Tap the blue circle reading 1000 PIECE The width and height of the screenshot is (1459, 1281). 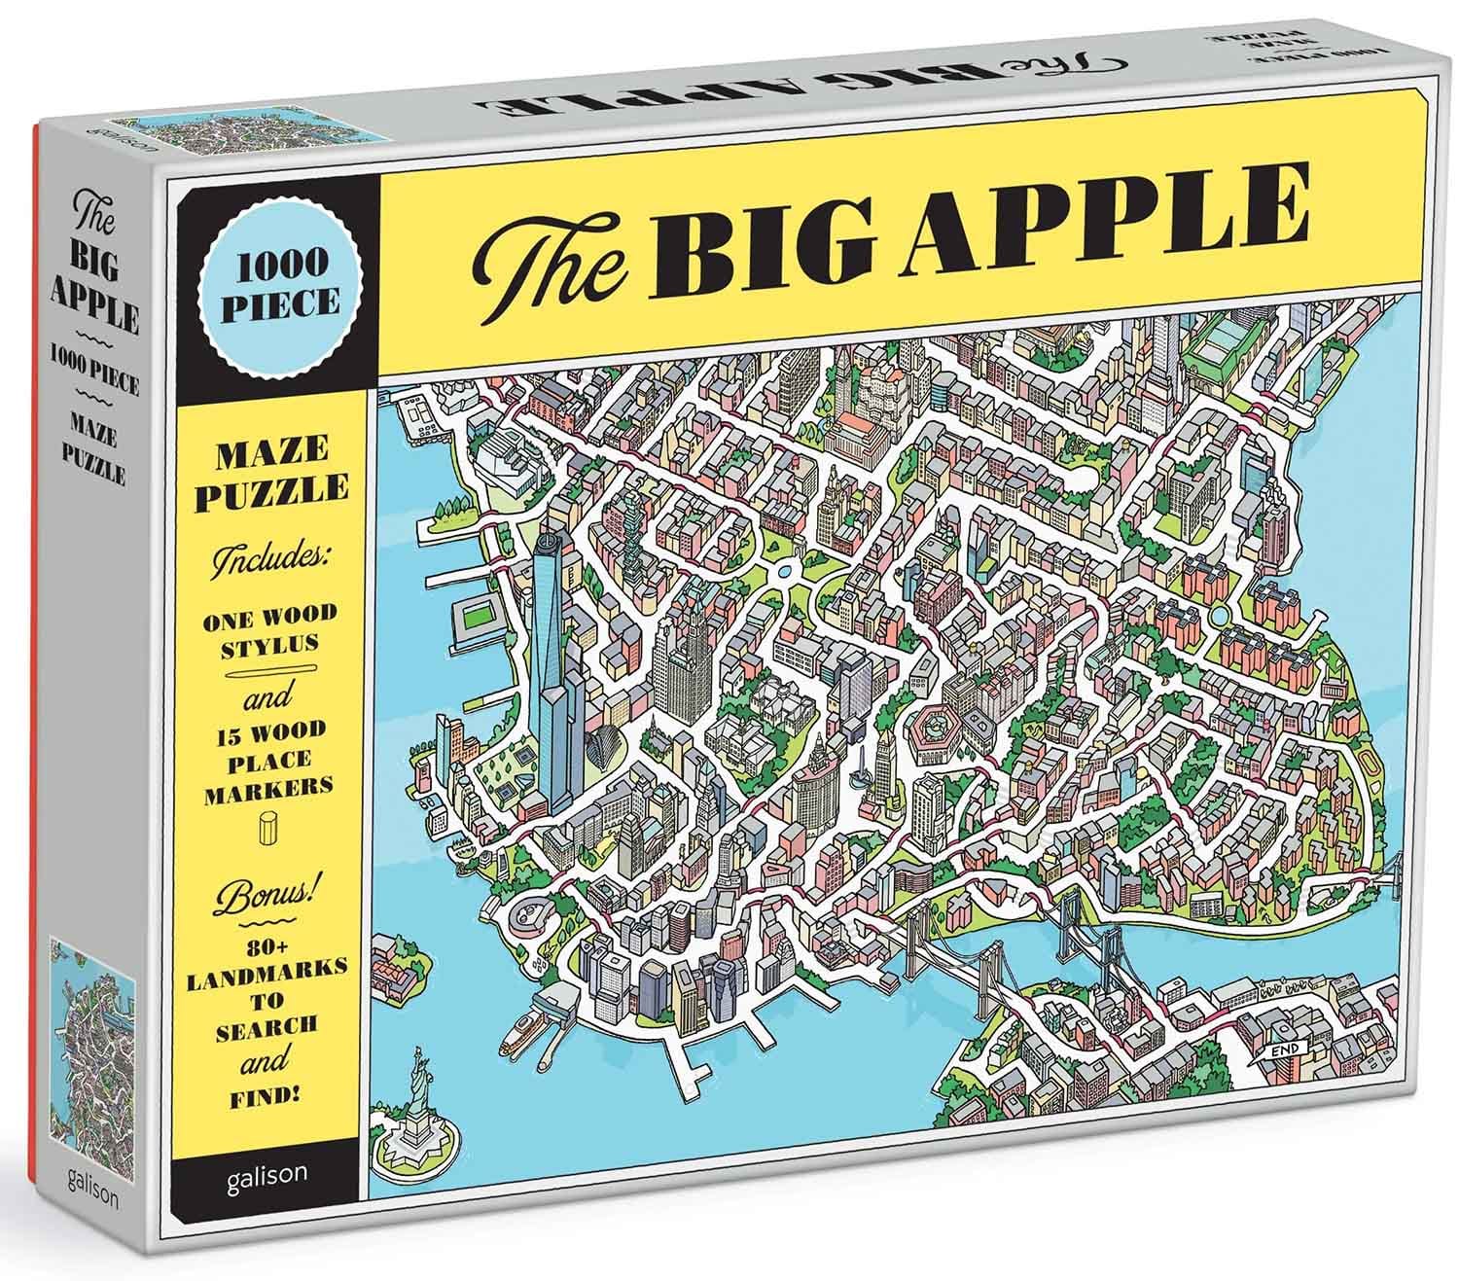pyautogui.click(x=274, y=285)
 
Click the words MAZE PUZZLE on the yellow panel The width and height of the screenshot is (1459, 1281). pyautogui.click(x=273, y=471)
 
